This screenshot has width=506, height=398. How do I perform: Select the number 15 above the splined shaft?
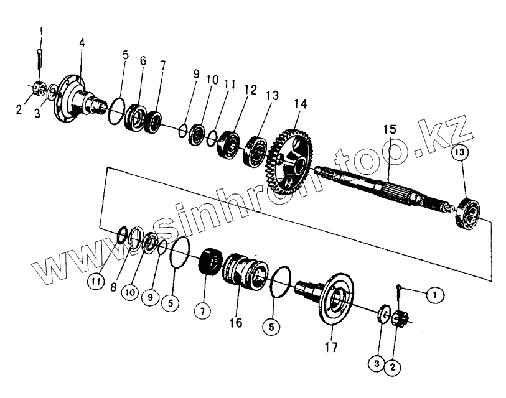pos(390,130)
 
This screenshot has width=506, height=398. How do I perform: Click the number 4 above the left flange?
pos(82,43)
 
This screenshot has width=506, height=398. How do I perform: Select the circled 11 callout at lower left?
pos(95,282)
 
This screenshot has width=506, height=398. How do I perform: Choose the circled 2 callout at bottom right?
pos(392,367)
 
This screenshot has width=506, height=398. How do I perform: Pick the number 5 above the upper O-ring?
pos(125,55)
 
